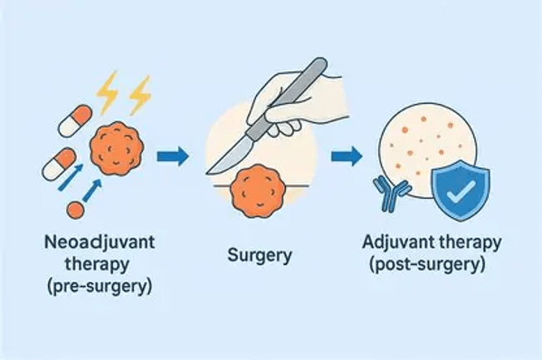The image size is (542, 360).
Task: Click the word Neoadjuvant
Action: tap(100, 243)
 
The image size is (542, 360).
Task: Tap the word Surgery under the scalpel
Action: tap(260, 256)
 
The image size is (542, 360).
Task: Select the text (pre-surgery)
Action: tap(100, 287)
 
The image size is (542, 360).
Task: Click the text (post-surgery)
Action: tap(427, 265)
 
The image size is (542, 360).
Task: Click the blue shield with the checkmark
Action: tap(461, 190)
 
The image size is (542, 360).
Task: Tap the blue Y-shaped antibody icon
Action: tap(392, 193)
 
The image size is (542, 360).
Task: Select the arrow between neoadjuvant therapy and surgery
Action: tap(173, 156)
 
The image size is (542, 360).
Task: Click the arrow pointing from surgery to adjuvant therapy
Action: tap(347, 156)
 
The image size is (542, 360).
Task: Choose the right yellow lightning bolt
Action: tap(140, 95)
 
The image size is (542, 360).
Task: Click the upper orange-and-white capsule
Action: tap(76, 121)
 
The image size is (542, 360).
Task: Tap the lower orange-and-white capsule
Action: tap(59, 164)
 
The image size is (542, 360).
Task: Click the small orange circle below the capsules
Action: tap(76, 210)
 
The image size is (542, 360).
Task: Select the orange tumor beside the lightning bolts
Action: tap(117, 149)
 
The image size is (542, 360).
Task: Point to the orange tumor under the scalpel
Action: tap(259, 191)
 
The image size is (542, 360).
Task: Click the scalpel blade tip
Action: tap(206, 173)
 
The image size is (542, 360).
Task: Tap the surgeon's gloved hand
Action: tap(290, 104)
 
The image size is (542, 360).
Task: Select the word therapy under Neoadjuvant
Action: tap(97, 265)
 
